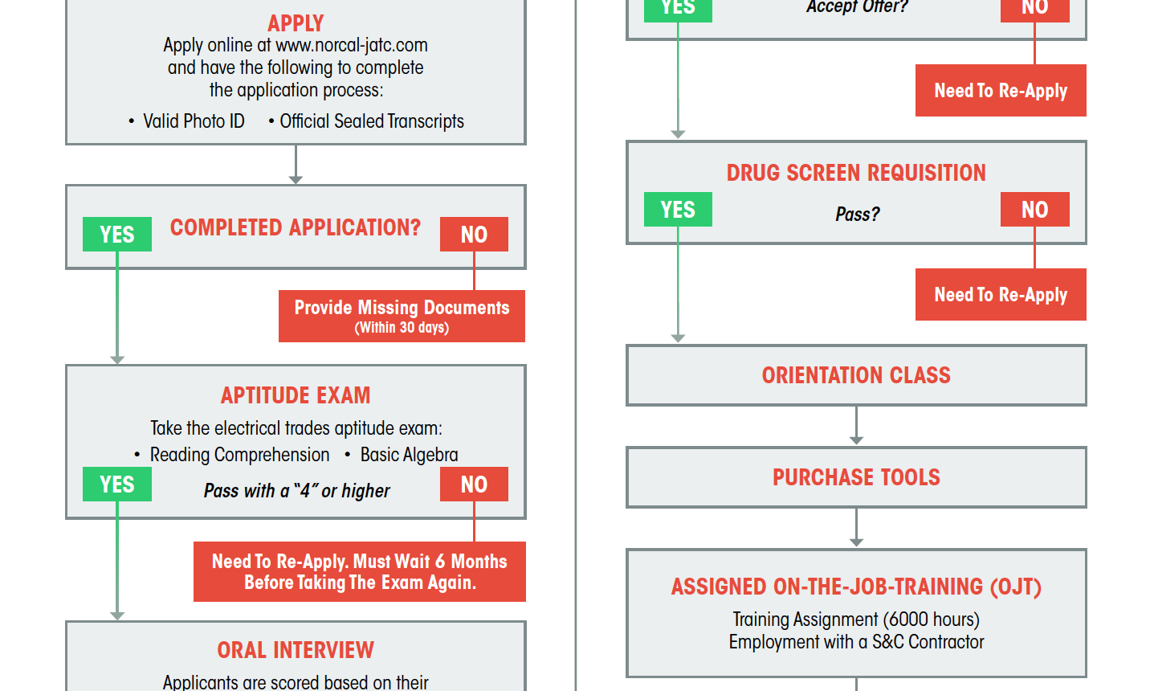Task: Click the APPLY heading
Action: coord(296,23)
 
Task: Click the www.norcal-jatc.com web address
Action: coord(352,45)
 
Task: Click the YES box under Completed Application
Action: coord(117,235)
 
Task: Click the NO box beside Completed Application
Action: coord(474,235)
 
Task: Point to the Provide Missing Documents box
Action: coord(402,316)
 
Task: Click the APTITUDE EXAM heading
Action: coord(296,395)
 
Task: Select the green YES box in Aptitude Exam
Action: coord(117,484)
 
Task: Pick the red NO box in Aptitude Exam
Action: coord(474,484)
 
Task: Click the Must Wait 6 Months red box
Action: coord(360,571)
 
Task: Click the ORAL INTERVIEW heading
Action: coord(296,650)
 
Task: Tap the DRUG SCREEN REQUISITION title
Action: coord(856,173)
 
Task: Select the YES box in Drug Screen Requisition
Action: coord(678,209)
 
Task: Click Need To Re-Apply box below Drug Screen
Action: coord(1001,294)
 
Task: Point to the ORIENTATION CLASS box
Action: coord(856,375)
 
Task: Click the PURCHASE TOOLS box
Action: coord(856,477)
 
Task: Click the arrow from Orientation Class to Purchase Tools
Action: coord(856,425)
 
